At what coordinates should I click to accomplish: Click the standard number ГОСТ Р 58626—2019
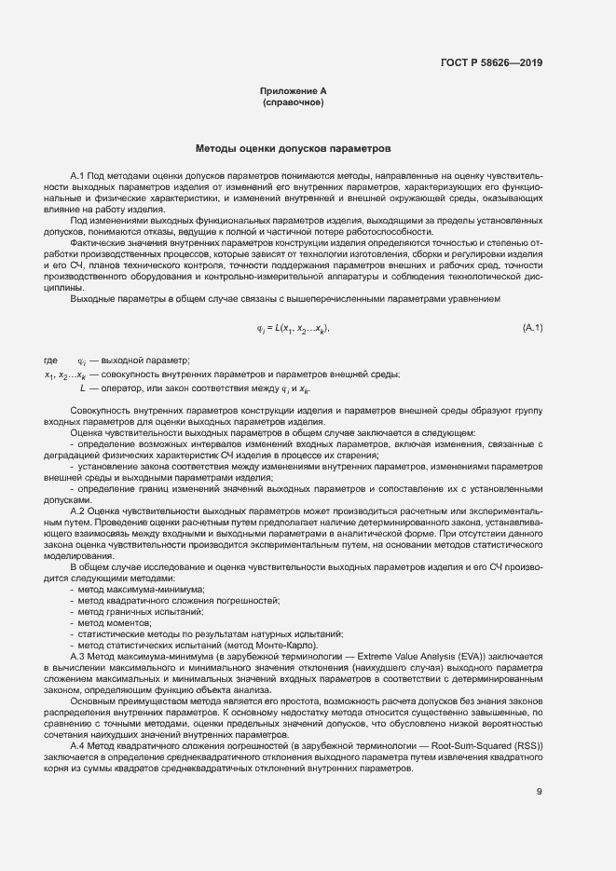pos(491,63)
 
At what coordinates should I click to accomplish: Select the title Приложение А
pos(293,90)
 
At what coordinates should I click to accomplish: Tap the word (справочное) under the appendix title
pos(293,102)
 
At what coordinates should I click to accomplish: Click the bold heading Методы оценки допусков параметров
pos(293,148)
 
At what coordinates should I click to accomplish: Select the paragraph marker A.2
pos(77,511)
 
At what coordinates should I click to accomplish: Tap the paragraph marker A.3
pos(77,657)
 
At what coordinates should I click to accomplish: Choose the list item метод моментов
pos(109,623)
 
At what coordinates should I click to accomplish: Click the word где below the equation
pos(51,361)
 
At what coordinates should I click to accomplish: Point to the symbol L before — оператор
pos(83,387)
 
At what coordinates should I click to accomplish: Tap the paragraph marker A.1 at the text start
pos(77,174)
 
